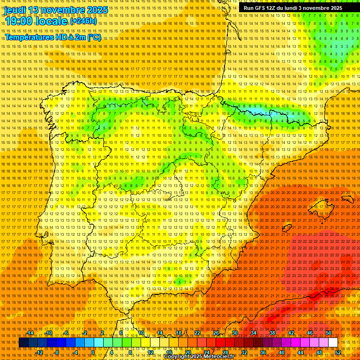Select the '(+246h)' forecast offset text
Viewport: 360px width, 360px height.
coord(83,21)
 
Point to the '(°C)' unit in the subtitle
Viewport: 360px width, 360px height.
coord(93,37)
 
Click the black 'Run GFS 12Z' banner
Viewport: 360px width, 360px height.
coord(292,8)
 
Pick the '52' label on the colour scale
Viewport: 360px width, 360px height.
coord(337,352)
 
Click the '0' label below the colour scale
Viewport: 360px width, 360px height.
coord(93,352)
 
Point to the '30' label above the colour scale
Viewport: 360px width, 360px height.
coord(234,333)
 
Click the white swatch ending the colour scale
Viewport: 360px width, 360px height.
coord(333,343)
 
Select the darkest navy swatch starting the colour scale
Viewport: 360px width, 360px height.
coord(23,343)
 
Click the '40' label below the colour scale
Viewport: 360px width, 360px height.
coord(281,352)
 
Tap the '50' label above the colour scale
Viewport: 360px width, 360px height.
coord(328,333)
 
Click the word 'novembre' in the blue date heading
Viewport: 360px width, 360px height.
coord(63,10)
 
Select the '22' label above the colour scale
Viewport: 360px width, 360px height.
coord(197,333)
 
